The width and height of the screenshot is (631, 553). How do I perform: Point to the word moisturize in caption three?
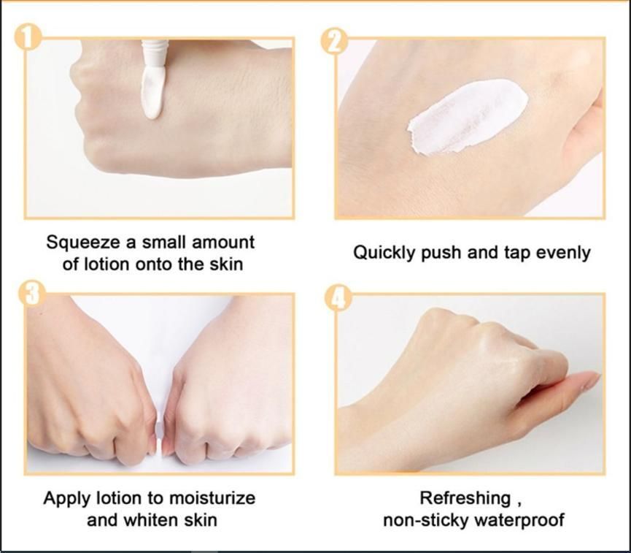[212, 499]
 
